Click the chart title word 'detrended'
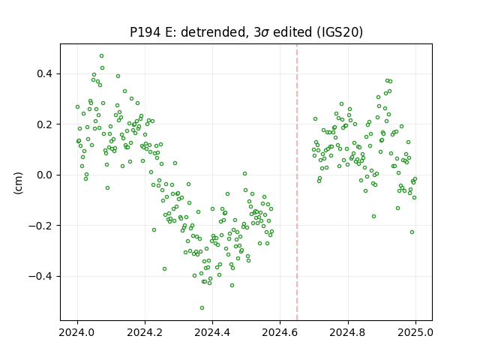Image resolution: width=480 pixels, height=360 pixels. pyautogui.click(x=214, y=32)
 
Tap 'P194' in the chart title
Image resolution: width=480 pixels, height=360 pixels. pyautogui.click(x=145, y=32)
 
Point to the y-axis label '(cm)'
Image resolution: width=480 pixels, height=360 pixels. pyautogui.click(x=18, y=183)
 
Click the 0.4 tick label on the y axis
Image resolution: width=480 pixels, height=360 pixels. pyautogui.click(x=46, y=74)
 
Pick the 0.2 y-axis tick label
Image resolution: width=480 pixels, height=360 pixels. pyautogui.click(x=46, y=124)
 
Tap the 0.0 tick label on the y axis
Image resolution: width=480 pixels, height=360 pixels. pyautogui.click(x=46, y=175)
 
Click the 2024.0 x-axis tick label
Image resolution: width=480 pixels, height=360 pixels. pyautogui.click(x=77, y=332)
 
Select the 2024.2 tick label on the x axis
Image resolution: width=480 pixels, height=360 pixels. pyautogui.click(x=145, y=332)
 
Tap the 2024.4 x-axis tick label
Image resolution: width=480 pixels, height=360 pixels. pyautogui.click(x=212, y=332)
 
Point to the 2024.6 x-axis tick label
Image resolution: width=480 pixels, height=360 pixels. pyautogui.click(x=280, y=332)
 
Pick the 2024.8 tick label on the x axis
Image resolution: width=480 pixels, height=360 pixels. pyautogui.click(x=348, y=332)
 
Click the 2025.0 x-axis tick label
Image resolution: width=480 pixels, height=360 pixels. pyautogui.click(x=415, y=332)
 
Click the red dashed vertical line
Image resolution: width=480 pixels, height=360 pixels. pyautogui.click(x=297, y=182)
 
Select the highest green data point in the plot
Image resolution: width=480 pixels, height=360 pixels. pyautogui.click(x=102, y=56)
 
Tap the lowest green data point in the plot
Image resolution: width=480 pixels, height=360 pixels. pyautogui.click(x=202, y=308)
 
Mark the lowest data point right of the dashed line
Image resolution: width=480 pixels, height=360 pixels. pyautogui.click(x=412, y=232)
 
